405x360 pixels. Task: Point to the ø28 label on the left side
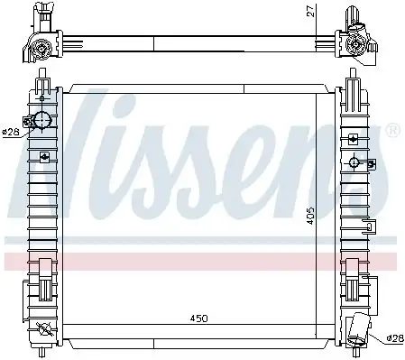coord(10,132)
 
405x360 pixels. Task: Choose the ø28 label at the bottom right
coord(393,339)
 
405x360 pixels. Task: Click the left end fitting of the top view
coord(41,41)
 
